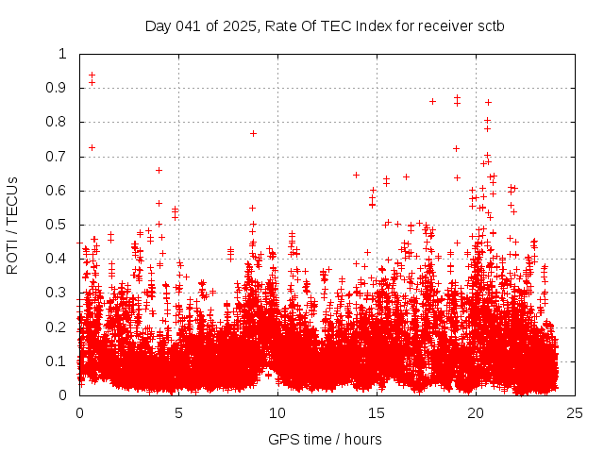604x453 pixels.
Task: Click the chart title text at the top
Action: [325, 25]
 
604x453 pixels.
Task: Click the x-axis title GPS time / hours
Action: [325, 439]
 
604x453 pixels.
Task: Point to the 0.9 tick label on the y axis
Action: [60, 88]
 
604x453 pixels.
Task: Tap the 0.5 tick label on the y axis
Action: [60, 225]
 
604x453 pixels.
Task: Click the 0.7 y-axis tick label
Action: [60, 157]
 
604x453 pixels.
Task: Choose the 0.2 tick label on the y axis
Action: [60, 327]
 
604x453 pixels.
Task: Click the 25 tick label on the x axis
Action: [575, 412]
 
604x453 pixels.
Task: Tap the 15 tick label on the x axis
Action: [377, 412]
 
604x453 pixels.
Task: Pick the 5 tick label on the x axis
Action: [178, 412]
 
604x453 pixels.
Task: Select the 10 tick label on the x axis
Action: [277, 412]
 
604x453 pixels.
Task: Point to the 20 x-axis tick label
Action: [476, 412]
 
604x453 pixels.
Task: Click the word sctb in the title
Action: [491, 25]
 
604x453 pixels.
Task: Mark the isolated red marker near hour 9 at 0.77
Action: [253, 133]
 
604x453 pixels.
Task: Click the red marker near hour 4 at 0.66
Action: [159, 170]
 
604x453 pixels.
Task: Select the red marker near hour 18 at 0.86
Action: [432, 101]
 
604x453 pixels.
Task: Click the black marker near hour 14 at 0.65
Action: [356, 175]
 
